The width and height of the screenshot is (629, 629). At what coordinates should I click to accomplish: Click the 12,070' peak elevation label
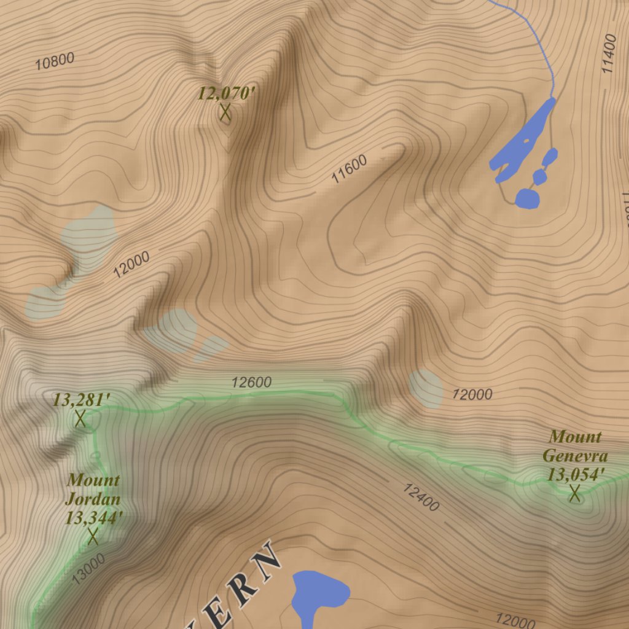tap(225, 94)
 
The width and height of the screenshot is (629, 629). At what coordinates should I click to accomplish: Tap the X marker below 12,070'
tap(225, 112)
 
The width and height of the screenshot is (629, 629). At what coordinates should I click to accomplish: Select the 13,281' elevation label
tap(81, 400)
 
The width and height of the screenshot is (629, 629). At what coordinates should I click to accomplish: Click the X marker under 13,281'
tap(80, 419)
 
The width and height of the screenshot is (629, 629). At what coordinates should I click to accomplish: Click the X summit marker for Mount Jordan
tap(93, 536)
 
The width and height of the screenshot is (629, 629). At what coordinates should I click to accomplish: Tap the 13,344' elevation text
tap(94, 518)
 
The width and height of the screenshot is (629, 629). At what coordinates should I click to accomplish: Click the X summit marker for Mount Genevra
tap(575, 493)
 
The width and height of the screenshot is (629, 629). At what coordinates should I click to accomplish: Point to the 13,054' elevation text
tap(576, 474)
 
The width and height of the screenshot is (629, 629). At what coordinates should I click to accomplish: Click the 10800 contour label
tap(55, 61)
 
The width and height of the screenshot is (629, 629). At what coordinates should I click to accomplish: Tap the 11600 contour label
tap(349, 170)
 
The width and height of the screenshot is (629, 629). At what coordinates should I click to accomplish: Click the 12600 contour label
tap(251, 383)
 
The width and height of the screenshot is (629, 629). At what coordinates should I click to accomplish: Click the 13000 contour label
tap(88, 568)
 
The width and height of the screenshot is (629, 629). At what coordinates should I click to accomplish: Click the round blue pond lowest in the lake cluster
tap(527, 198)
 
